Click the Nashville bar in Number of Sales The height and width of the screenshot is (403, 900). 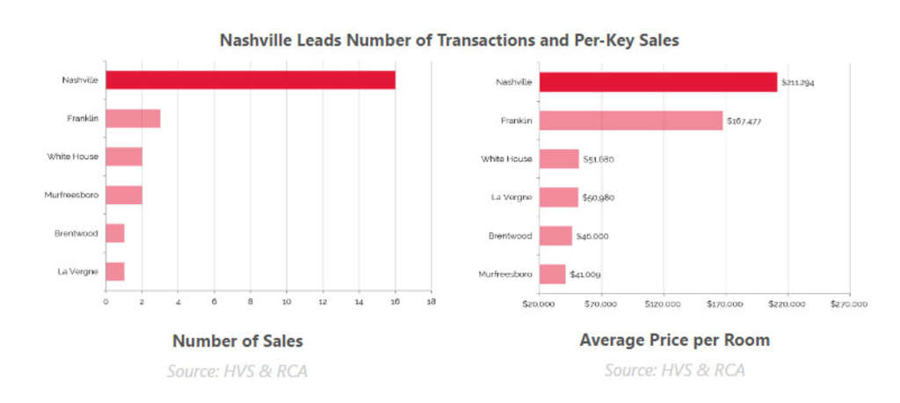[x=250, y=80]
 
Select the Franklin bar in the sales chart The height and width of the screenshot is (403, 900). [x=133, y=119]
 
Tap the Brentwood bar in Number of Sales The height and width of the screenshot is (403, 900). [x=115, y=233]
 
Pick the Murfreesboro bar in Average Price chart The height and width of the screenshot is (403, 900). [x=552, y=275]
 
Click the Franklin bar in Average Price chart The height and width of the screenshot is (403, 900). [x=630, y=121]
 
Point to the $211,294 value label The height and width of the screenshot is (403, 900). [x=802, y=83]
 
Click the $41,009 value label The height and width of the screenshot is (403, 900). [x=585, y=275]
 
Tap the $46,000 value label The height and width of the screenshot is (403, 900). [x=592, y=236]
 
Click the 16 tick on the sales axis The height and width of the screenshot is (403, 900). [x=396, y=302]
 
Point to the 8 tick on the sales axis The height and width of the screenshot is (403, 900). [x=250, y=302]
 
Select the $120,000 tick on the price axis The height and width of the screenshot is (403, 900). [x=663, y=304]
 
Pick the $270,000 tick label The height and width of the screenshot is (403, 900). [x=849, y=304]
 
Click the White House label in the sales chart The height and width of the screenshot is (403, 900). [x=73, y=157]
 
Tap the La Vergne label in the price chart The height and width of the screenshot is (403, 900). [x=511, y=197]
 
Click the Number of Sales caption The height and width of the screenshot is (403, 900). [x=237, y=341]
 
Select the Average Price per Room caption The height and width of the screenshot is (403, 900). [x=674, y=341]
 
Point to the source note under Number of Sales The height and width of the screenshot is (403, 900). [x=237, y=370]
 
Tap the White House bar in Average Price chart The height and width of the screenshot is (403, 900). [x=559, y=158]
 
